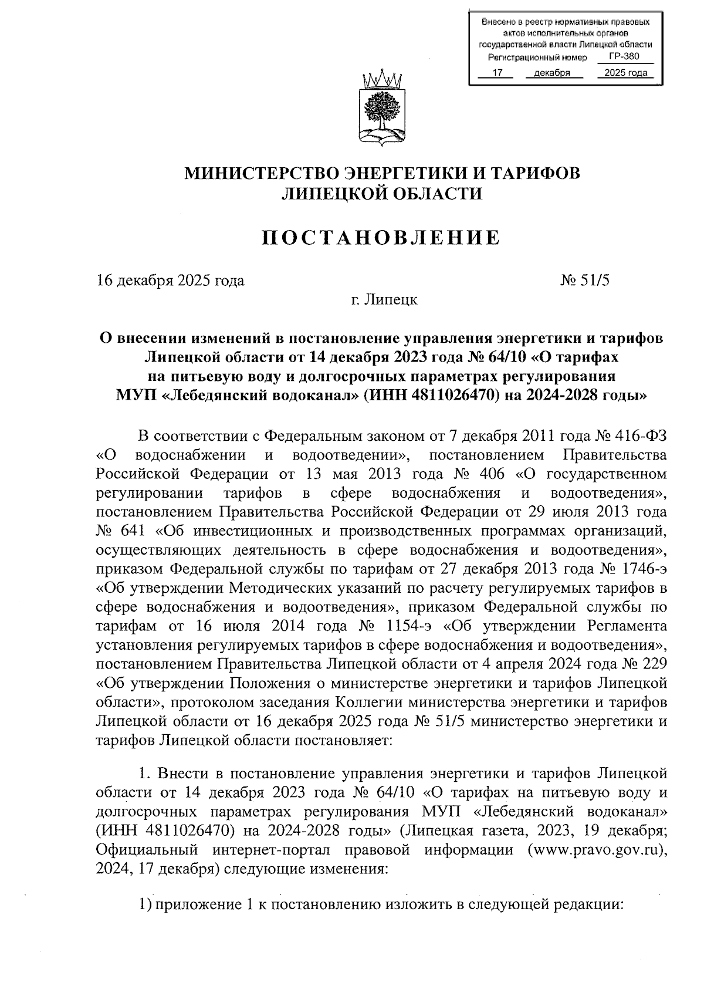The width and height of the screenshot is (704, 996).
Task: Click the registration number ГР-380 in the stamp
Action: (623, 57)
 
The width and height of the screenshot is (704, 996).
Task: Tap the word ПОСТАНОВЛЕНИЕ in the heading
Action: (381, 237)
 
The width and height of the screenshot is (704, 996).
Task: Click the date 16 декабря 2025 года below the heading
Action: (170, 280)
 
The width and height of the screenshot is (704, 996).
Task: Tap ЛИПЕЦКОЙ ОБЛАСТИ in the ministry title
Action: (382, 194)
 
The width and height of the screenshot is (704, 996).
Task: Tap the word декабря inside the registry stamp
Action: (553, 73)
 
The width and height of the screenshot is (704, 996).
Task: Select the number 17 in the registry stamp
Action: (497, 73)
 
